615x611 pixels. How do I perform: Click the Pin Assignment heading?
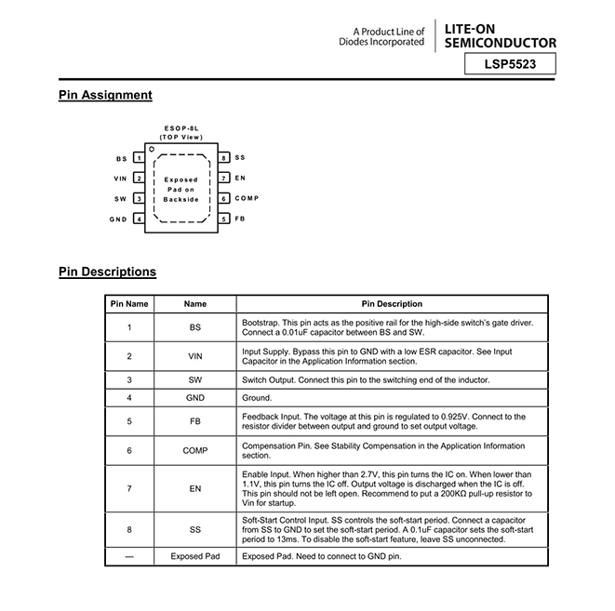[105, 95]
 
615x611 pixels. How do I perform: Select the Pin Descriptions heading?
[107, 272]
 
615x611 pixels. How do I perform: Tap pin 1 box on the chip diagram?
[139, 158]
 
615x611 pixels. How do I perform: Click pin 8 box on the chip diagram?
[224, 158]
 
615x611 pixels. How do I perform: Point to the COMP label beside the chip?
[247, 198]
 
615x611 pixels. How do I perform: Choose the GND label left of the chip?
[118, 219]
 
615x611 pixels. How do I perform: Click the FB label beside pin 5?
[240, 219]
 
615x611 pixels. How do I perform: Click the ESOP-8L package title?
[180, 128]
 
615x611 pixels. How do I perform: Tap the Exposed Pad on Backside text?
[181, 189]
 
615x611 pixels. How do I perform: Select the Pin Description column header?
[392, 304]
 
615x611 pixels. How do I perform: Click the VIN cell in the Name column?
[194, 356]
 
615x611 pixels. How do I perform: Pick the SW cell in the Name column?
[194, 380]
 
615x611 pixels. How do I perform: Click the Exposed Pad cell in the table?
[194, 556]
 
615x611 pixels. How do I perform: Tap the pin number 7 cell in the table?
[129, 488]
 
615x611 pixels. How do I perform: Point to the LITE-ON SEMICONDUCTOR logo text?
[501, 36]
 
